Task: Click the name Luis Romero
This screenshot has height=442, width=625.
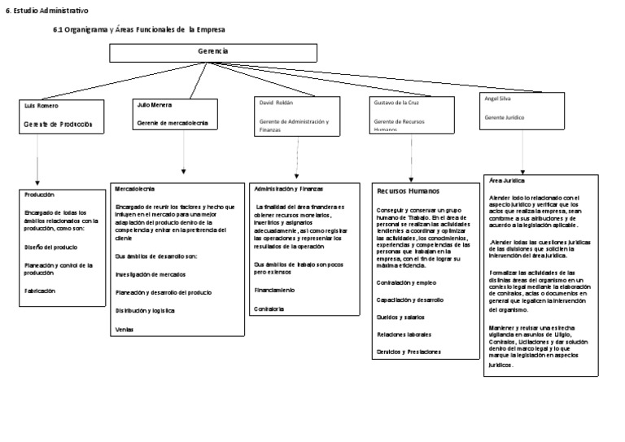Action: click(42, 107)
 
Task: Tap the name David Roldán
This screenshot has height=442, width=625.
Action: click(275, 103)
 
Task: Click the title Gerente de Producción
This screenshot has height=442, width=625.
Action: click(59, 125)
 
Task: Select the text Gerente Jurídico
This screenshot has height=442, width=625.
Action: click(505, 118)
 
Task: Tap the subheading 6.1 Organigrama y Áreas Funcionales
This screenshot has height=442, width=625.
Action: click(138, 29)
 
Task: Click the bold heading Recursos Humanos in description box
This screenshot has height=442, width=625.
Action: click(408, 190)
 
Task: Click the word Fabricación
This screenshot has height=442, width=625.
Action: click(42, 291)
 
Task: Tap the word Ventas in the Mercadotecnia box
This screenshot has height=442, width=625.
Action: click(125, 329)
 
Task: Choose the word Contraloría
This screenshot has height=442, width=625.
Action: click(269, 309)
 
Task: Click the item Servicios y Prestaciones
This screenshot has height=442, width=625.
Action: click(409, 352)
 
